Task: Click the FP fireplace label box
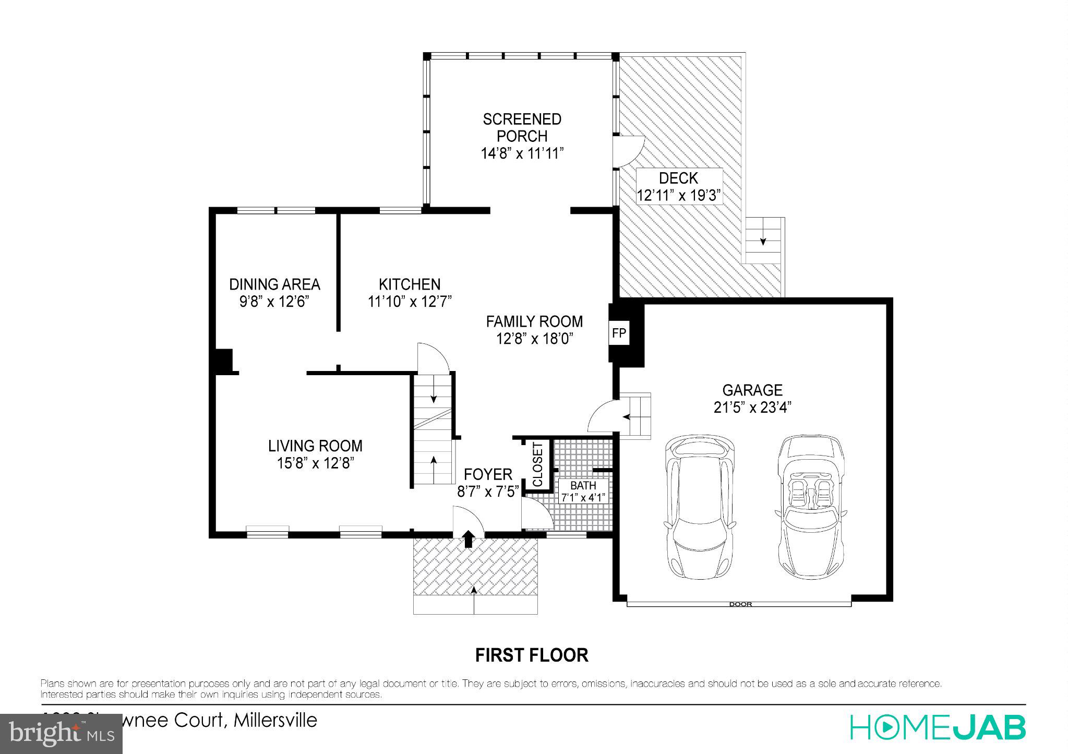click(x=619, y=333)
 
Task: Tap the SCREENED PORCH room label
click(x=522, y=127)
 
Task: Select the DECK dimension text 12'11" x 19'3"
click(x=679, y=196)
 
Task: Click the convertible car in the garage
click(x=810, y=506)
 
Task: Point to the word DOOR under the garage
click(x=740, y=604)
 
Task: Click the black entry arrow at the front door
click(x=468, y=538)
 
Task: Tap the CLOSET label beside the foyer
click(x=538, y=464)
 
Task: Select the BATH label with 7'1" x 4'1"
click(x=583, y=492)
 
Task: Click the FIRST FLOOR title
click(x=531, y=655)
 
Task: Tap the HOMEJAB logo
click(x=938, y=727)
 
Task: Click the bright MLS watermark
click(x=61, y=734)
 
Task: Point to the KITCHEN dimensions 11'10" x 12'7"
click(x=410, y=302)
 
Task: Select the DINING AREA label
click(x=274, y=284)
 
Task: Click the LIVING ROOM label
click(x=315, y=446)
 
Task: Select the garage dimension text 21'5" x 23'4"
click(x=752, y=407)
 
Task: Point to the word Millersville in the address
click(x=275, y=720)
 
